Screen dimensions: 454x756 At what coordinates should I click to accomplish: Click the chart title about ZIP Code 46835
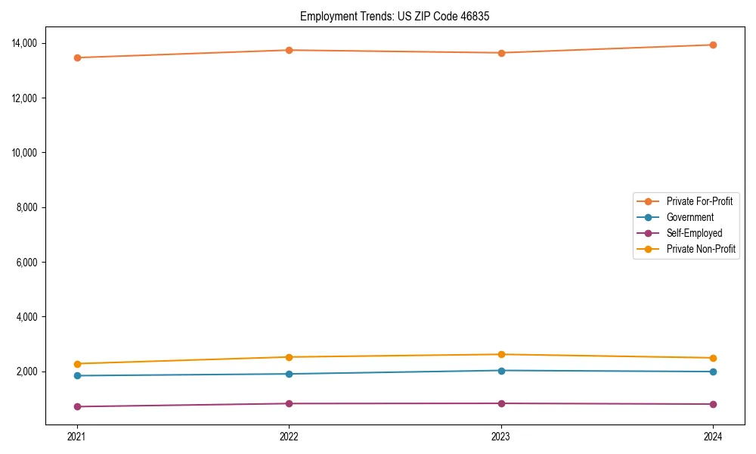tap(395, 16)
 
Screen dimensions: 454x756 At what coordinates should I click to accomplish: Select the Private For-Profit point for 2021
tap(77, 58)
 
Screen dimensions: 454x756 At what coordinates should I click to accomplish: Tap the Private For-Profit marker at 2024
tap(713, 45)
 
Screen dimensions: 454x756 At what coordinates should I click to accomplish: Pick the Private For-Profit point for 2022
tap(289, 50)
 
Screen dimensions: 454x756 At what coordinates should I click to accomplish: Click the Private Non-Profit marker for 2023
tap(501, 354)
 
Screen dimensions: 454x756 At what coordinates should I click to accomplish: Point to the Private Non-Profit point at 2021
tap(77, 364)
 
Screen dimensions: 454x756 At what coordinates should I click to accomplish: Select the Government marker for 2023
tap(501, 370)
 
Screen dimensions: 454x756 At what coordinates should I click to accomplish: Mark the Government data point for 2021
tap(77, 375)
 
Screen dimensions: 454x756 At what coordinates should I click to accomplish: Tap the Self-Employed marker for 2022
tap(289, 403)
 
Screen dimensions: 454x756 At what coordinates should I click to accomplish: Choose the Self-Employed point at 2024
tap(713, 404)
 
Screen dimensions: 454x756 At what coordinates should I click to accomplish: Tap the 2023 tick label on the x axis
tap(501, 436)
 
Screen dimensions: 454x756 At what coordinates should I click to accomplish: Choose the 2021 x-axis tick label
tap(77, 436)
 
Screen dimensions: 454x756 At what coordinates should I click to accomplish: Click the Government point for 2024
tap(713, 372)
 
